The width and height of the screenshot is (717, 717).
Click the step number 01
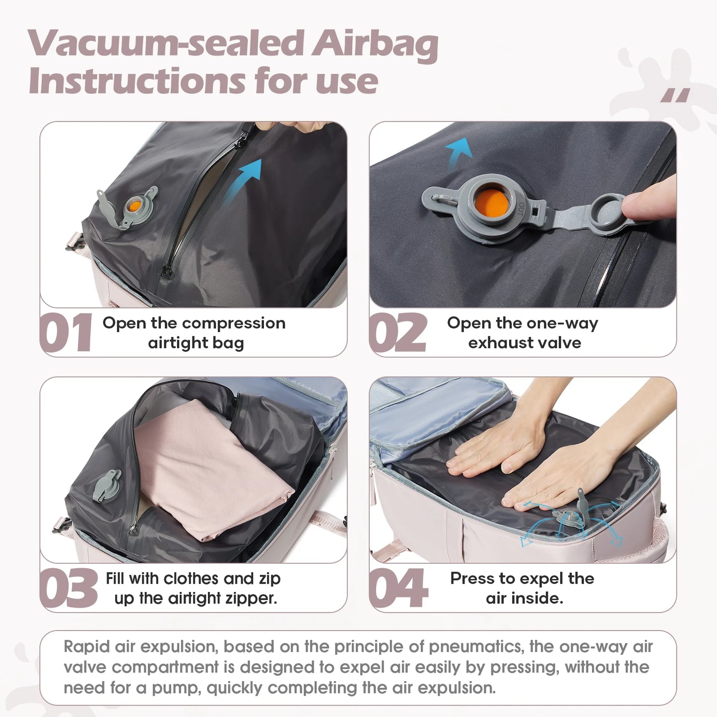66,333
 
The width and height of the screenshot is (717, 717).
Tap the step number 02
397,333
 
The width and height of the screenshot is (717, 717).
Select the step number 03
68,588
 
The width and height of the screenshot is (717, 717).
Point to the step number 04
398,588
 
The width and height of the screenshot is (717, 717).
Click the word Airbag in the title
375,44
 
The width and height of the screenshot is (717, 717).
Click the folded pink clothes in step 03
208,471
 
